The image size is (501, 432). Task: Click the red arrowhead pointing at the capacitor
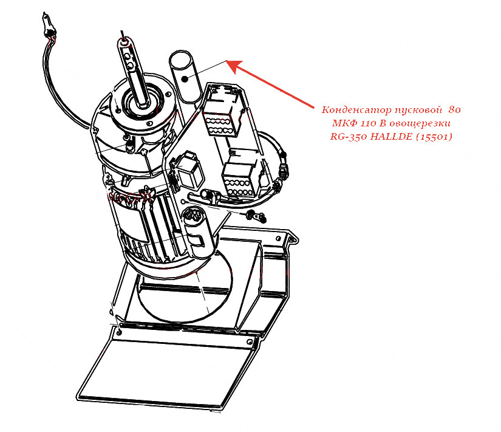(234, 66)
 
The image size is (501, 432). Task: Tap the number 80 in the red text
(454, 110)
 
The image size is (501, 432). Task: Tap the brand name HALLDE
(392, 137)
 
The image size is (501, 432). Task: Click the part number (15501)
(434, 137)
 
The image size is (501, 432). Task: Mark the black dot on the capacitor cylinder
(185, 78)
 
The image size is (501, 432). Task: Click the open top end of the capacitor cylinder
(180, 59)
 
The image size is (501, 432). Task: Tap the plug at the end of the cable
(48, 25)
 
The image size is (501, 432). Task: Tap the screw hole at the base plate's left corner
(119, 332)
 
